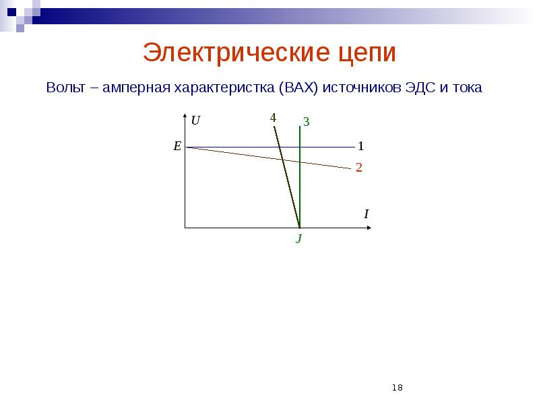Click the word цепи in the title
[x=363, y=54]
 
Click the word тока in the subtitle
[x=468, y=88]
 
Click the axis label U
[x=195, y=121]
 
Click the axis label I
[x=366, y=214]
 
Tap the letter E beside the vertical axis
[x=177, y=146]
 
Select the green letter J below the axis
[x=298, y=239]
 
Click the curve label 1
[x=360, y=146]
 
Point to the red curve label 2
[x=359, y=168]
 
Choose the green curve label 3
[x=306, y=122]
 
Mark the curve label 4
[x=273, y=118]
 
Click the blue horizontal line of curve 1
[x=236, y=147]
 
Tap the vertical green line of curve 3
[x=300, y=189]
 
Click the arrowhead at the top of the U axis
[x=185, y=117]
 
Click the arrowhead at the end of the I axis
[x=369, y=228]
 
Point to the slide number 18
[x=397, y=388]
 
